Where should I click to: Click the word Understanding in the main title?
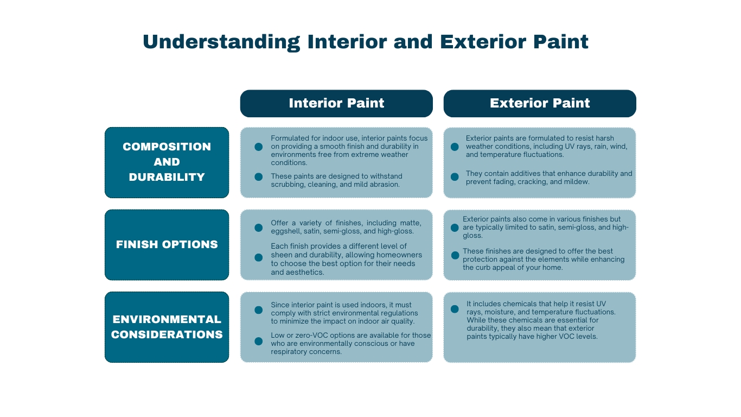(x=221, y=42)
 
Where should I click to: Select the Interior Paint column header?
(x=336, y=103)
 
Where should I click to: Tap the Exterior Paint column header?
(x=540, y=103)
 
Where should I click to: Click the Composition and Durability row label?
(x=167, y=162)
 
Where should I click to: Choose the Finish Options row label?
(x=167, y=244)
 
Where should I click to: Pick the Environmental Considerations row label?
(x=167, y=327)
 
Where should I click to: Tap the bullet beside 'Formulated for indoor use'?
(x=259, y=147)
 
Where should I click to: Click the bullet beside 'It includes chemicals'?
(x=455, y=309)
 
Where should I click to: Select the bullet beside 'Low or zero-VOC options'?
(x=259, y=342)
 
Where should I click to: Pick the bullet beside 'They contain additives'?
(x=455, y=176)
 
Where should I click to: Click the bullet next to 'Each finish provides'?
(x=259, y=257)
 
